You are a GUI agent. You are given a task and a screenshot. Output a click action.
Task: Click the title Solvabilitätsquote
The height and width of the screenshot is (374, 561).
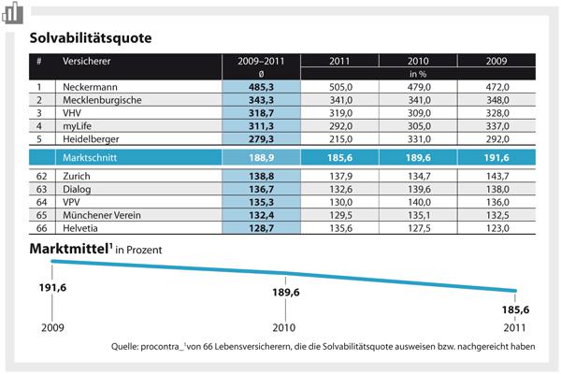90,40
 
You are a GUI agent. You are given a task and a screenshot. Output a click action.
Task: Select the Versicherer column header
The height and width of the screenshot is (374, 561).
83,62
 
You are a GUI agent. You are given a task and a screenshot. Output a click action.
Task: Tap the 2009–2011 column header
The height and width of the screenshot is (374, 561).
260,62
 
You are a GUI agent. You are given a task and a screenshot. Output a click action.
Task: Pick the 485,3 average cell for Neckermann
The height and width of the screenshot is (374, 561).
260,86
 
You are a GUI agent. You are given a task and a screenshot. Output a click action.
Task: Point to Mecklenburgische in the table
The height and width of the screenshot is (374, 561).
102,99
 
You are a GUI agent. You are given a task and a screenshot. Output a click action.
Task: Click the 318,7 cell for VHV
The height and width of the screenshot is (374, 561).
260,112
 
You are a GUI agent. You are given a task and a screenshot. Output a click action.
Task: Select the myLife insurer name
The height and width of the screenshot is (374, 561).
79,125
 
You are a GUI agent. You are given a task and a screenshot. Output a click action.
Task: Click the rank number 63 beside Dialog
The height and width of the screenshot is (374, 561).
40,189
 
